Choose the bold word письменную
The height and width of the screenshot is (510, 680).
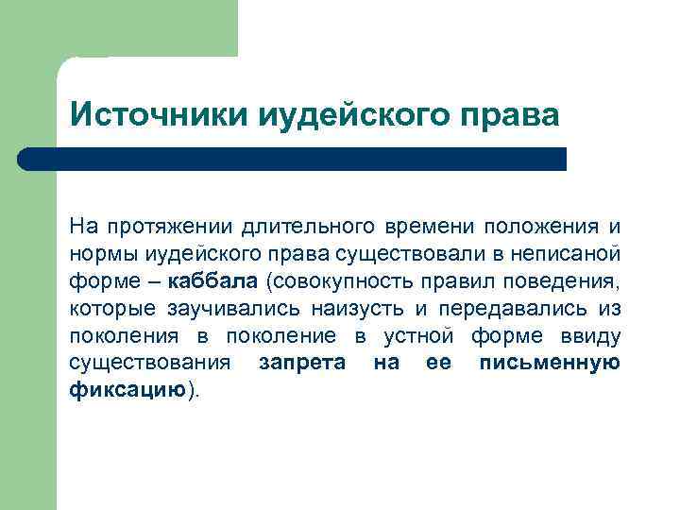point(550,364)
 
